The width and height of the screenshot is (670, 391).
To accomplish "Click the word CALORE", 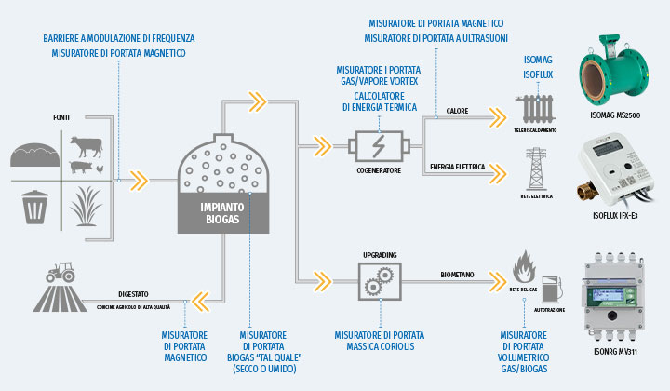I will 457,110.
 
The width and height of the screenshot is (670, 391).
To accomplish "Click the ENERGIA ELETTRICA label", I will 458,168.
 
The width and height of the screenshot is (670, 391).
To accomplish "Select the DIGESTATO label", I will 133,292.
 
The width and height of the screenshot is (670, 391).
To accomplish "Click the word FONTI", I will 63,117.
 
